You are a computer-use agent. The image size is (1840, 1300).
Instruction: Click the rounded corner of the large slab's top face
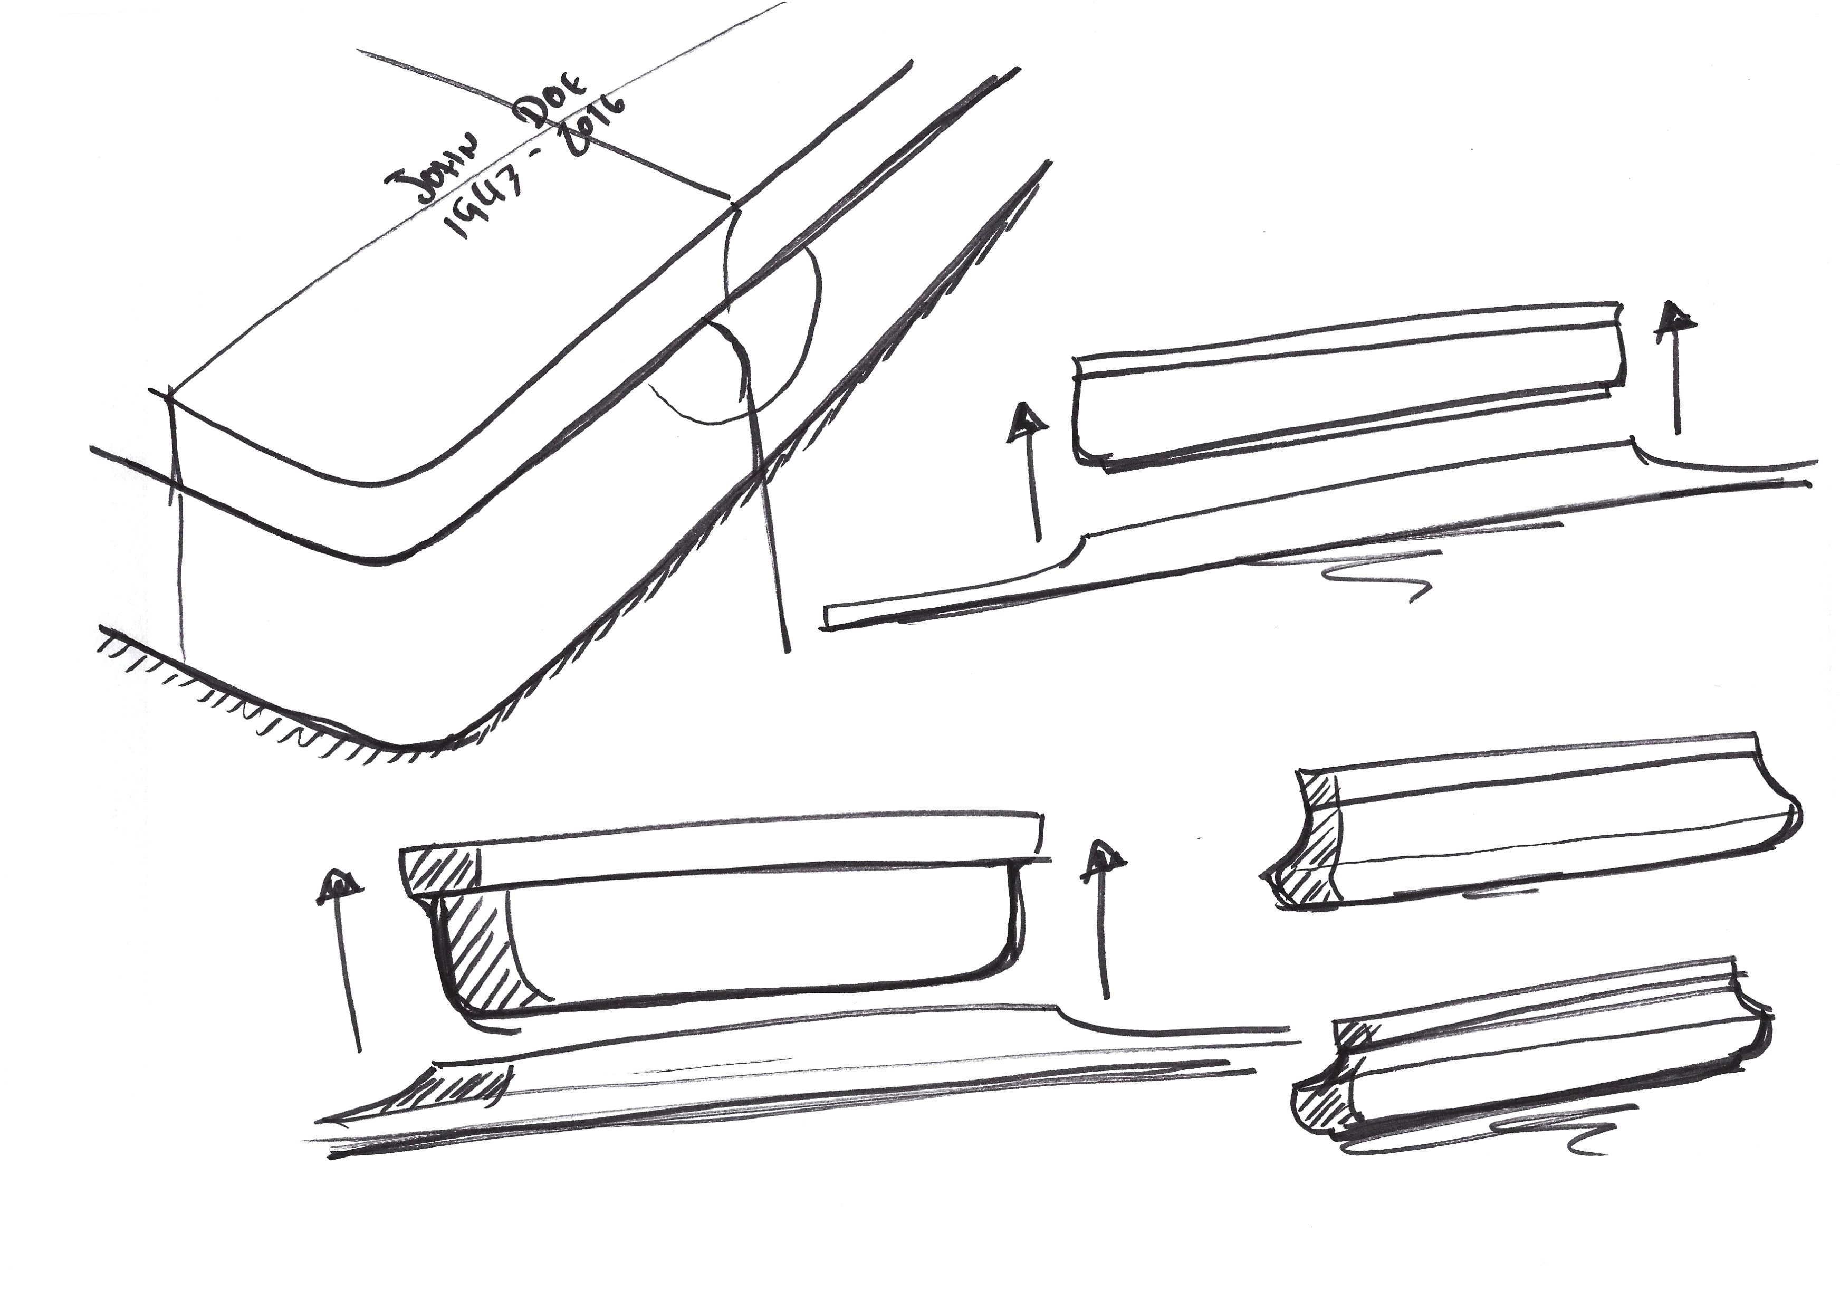(x=385, y=481)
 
